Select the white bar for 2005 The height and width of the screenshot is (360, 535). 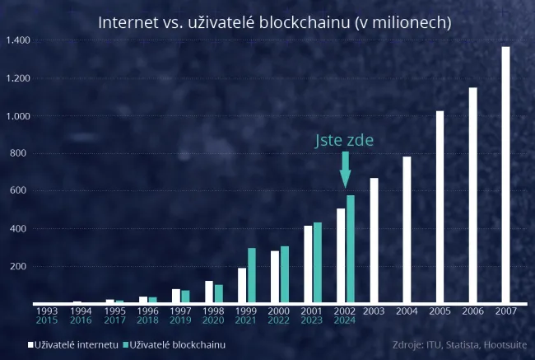click(x=440, y=207)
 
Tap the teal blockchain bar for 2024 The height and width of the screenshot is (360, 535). click(x=351, y=249)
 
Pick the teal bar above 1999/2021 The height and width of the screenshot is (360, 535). click(x=252, y=275)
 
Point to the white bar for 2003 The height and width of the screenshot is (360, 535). click(x=374, y=241)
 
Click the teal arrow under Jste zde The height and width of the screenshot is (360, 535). click(x=345, y=170)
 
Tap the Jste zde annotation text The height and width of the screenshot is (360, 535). click(x=344, y=141)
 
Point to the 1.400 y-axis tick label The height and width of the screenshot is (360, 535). click(x=18, y=40)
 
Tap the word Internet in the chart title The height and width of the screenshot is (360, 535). click(x=124, y=22)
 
